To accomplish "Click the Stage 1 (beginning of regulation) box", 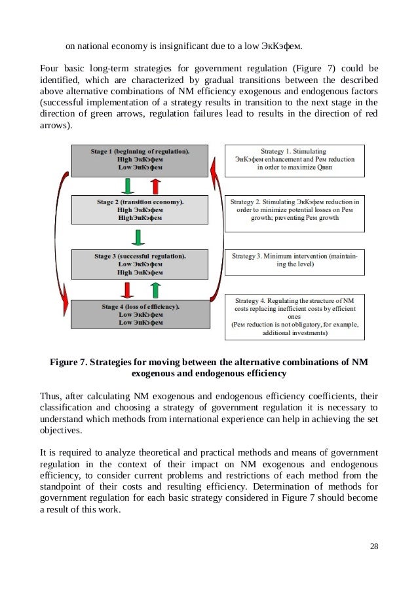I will (x=140, y=160).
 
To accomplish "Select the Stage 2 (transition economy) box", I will (x=140, y=210).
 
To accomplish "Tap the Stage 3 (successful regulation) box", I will (x=140, y=263).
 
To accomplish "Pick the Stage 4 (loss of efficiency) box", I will (x=140, y=313).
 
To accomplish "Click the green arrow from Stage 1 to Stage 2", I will (x=128, y=186).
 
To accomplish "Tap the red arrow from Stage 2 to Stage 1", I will (x=155, y=186).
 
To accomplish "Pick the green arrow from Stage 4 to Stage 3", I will (x=155, y=289).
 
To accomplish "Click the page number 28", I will (x=374, y=547).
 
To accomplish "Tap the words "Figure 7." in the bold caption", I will (x=71, y=361).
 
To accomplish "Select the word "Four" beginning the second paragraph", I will (x=50, y=67).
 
